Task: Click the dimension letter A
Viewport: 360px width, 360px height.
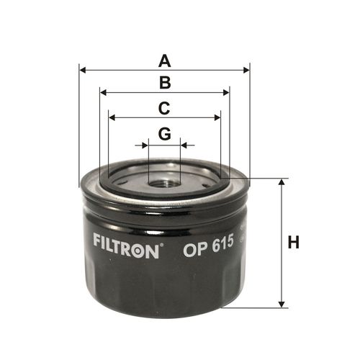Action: [165, 61]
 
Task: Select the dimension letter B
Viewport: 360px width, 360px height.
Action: [165, 83]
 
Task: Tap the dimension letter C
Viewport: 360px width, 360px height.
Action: [164, 108]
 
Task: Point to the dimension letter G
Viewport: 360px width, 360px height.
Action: [165, 133]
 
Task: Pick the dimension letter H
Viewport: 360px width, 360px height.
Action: [293, 242]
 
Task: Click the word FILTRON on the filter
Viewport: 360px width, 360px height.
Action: [126, 245]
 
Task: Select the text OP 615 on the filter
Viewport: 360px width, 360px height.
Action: [208, 246]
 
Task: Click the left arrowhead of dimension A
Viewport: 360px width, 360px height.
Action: [82, 71]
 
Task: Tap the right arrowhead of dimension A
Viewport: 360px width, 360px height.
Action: [246, 71]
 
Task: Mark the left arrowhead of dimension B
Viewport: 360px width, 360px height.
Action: [103, 93]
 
